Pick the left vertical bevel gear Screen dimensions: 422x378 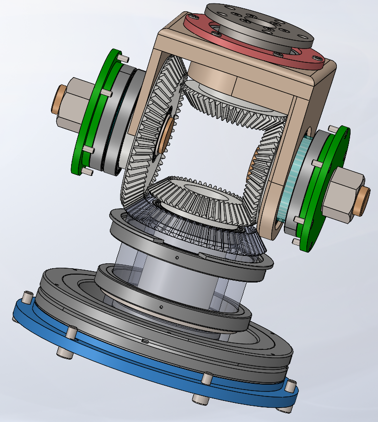[147, 138]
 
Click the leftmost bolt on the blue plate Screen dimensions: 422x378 [25, 297]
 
